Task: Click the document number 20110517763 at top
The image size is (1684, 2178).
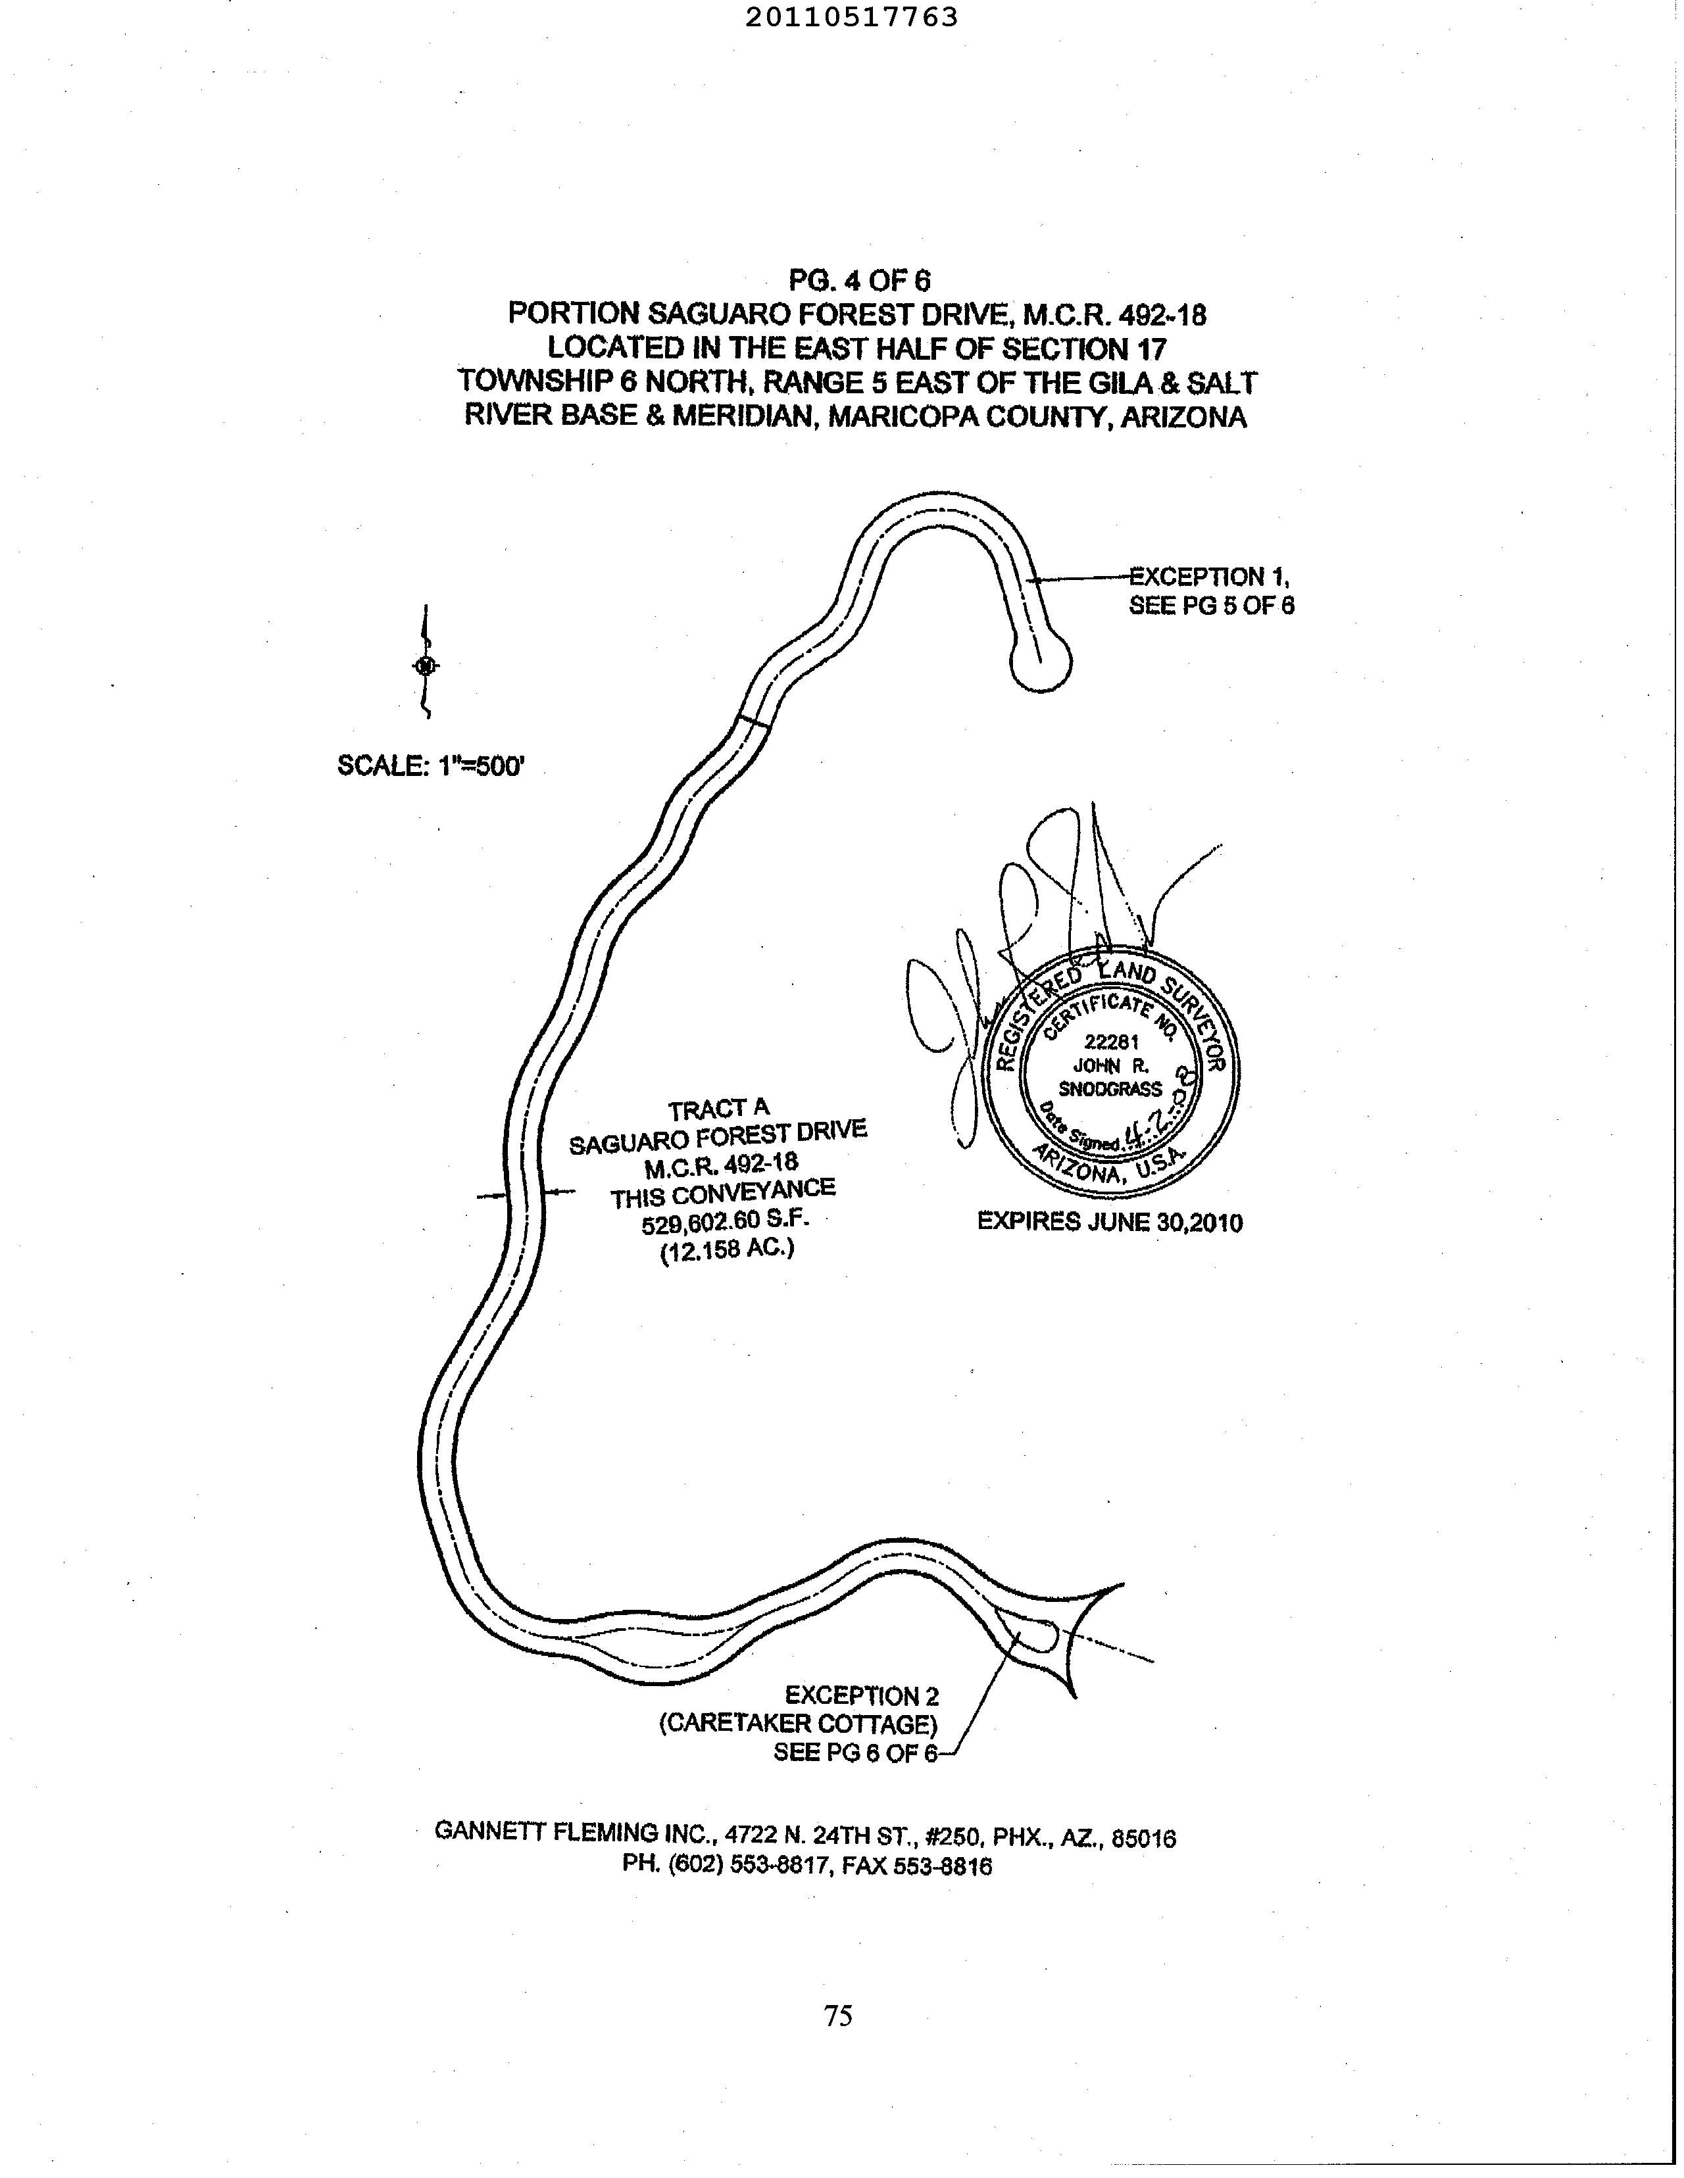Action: [851, 18]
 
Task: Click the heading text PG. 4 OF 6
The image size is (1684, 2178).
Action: [859, 280]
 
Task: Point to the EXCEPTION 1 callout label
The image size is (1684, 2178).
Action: [1209, 577]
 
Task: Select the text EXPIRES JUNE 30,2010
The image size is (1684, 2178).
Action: [1109, 1222]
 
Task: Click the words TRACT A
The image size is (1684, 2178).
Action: [718, 1108]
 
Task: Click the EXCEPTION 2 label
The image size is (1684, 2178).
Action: [861, 1695]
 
